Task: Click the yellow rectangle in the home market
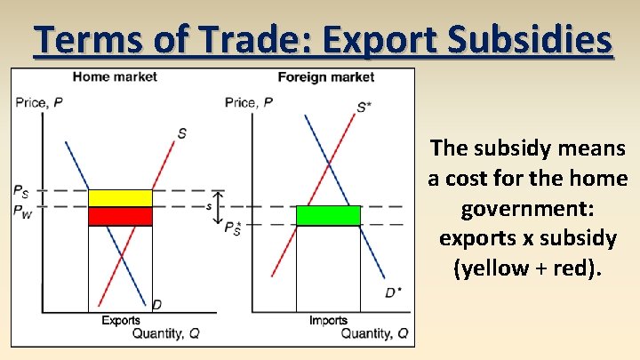[x=120, y=198]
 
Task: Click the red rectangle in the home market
[x=120, y=216]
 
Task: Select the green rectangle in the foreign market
[x=328, y=215]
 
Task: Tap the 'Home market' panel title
[x=115, y=76]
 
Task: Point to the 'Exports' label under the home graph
[x=120, y=321]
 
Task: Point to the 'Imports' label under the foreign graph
[x=328, y=321]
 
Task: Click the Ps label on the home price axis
[x=20, y=190]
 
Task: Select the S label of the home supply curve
[x=181, y=133]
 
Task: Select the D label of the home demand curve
[x=156, y=305]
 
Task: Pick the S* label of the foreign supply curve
[x=364, y=108]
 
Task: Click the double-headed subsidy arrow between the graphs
[x=220, y=198]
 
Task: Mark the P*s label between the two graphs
[x=234, y=228]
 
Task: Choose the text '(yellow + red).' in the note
[x=528, y=268]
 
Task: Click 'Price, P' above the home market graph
[x=39, y=102]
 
